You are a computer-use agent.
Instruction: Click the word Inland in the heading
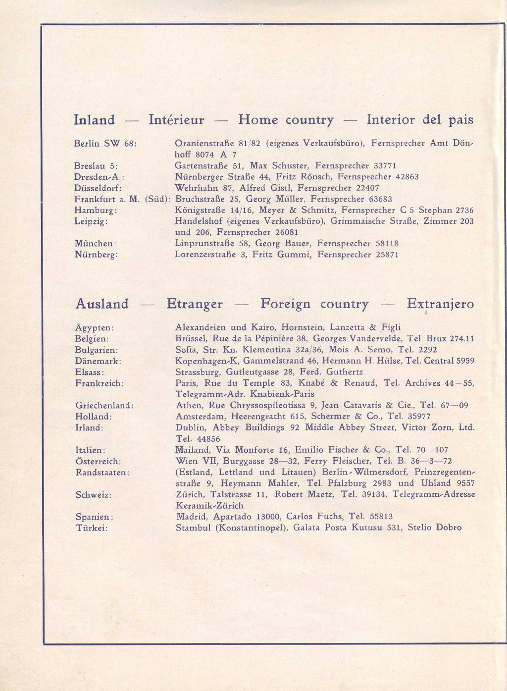click(x=94, y=120)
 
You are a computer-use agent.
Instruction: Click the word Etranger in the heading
click(x=195, y=304)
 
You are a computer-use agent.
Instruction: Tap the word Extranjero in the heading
click(x=440, y=304)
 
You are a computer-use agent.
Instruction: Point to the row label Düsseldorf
click(x=98, y=188)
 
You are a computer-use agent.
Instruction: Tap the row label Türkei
click(x=92, y=528)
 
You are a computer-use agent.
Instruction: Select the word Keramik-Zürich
click(x=210, y=506)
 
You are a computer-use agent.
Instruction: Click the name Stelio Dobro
click(x=434, y=528)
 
